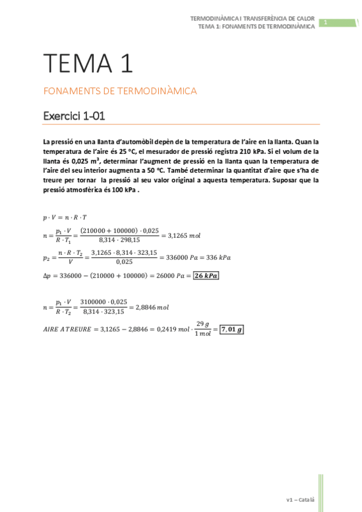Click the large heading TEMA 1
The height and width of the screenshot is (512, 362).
88,63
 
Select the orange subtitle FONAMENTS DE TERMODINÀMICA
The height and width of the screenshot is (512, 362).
120,91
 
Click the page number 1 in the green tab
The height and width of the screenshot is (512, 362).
326,23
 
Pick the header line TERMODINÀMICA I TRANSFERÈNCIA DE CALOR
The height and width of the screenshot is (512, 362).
252,19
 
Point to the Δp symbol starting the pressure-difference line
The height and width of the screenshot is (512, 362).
47,275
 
